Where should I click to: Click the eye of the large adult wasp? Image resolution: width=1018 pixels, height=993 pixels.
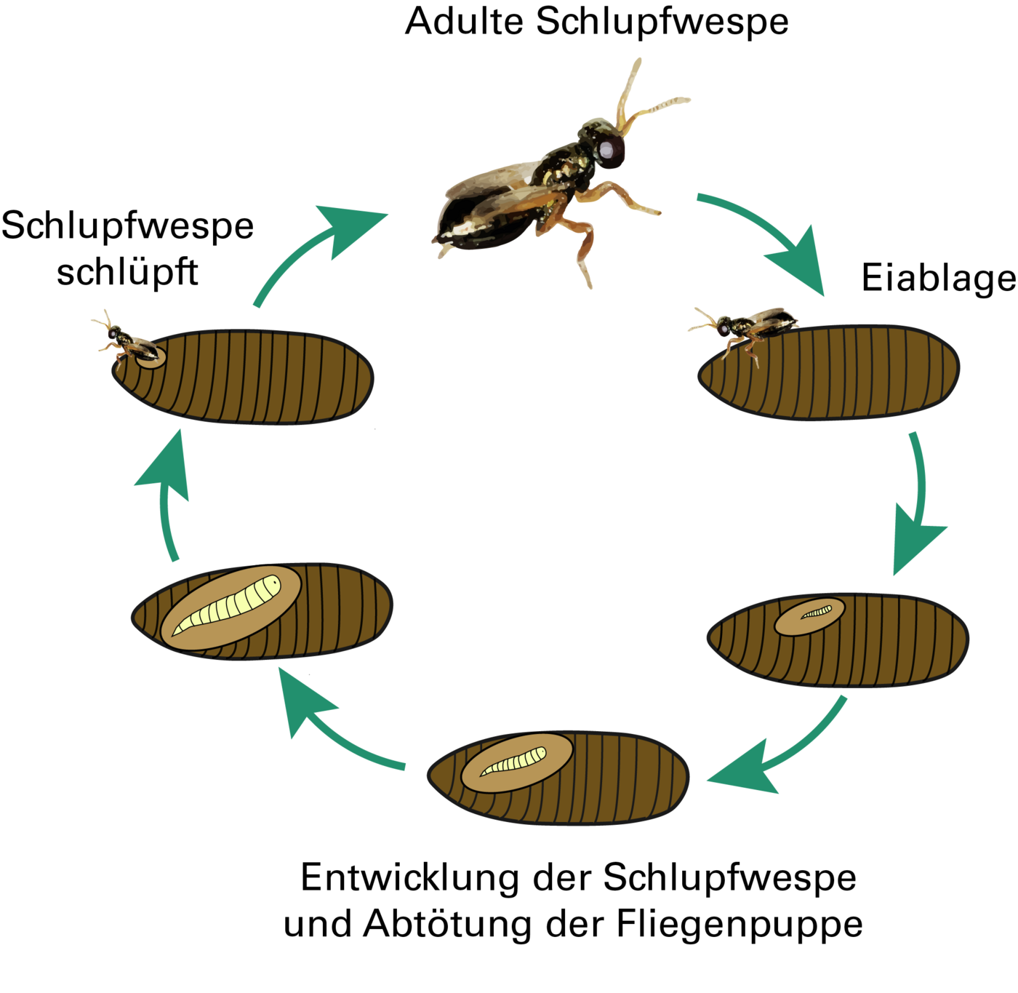(x=605, y=149)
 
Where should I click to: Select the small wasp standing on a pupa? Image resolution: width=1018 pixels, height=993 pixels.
(x=745, y=327)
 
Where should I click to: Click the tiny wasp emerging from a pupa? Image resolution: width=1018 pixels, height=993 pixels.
(x=127, y=342)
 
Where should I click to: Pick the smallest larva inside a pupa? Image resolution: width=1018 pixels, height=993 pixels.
(x=817, y=613)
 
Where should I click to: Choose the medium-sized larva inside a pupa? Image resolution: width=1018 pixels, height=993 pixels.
(x=515, y=761)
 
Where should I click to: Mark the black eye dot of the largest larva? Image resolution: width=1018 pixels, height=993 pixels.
(x=274, y=582)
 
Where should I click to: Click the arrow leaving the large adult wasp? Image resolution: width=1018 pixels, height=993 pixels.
(x=771, y=233)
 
